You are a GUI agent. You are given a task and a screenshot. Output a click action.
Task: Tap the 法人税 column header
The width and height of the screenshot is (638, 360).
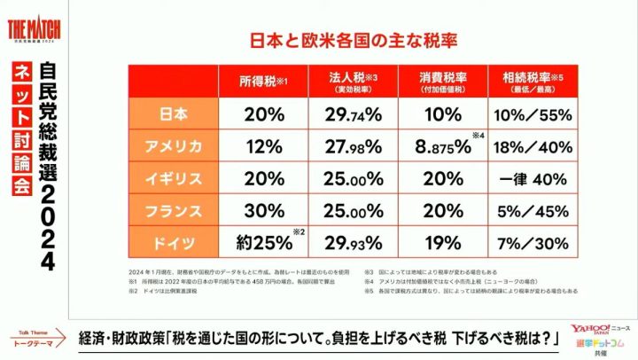tap(354, 82)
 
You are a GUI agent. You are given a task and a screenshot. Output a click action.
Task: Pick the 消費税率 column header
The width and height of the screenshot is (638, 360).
tap(443, 82)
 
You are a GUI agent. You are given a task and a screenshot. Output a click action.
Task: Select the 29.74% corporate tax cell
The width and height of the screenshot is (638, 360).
tap(354, 114)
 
